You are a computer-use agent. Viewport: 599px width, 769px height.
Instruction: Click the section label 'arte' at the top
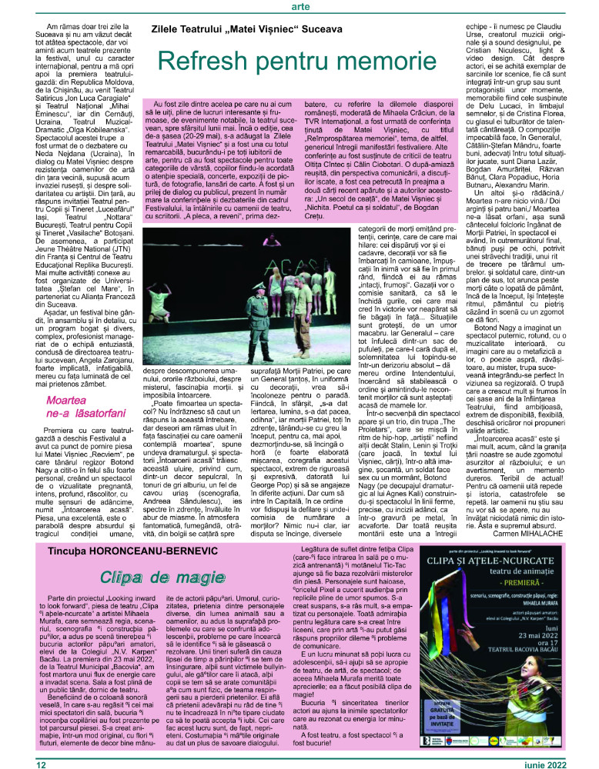[x=300, y=7]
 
